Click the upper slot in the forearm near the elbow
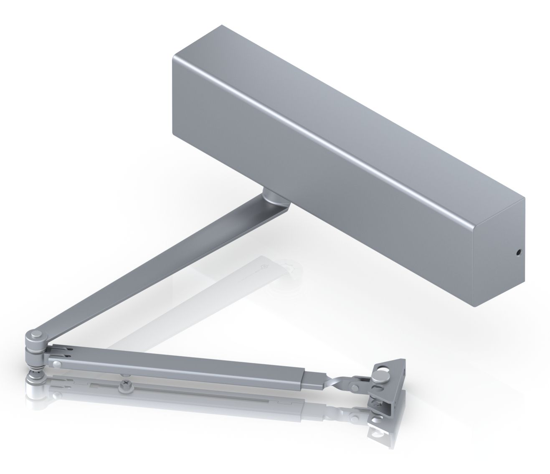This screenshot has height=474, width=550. [x=63, y=348]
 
